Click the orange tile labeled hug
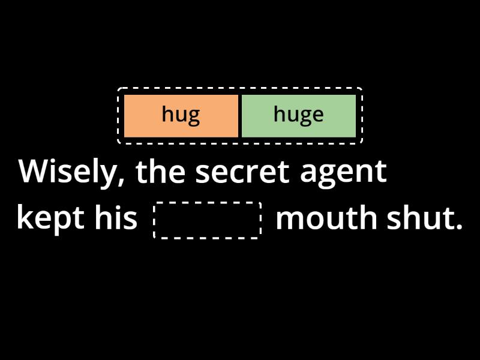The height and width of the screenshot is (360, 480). point(181,116)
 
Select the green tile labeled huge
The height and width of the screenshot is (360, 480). point(299,116)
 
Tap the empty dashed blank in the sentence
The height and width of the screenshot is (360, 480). point(207,220)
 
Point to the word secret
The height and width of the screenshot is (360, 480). point(242,172)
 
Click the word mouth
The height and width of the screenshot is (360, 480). point(326,217)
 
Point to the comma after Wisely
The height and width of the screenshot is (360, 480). point(121,181)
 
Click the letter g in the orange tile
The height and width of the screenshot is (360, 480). point(194,116)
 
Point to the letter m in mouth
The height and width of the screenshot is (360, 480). point(290,220)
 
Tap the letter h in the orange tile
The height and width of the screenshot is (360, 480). point(167,113)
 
